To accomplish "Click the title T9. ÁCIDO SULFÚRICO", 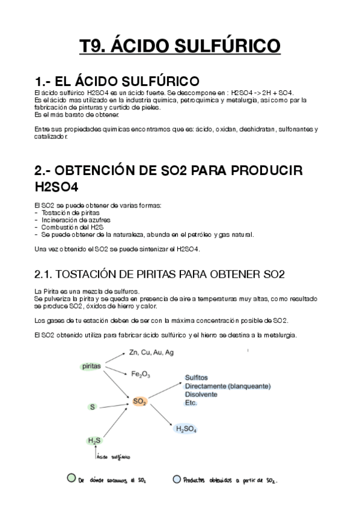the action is [x=180, y=46].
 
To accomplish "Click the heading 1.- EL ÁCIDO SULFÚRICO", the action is [x=118, y=81].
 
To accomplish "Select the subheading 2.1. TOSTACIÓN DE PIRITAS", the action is [x=159, y=275].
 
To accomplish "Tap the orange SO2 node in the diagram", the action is [x=139, y=401].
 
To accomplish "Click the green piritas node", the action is [x=91, y=366].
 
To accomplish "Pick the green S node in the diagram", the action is [x=93, y=407].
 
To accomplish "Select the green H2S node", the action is [x=94, y=441].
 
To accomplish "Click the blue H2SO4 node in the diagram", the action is [x=186, y=429].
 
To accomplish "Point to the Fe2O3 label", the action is [x=141, y=374].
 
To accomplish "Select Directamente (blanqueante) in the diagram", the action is [x=228, y=386].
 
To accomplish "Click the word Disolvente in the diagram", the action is [x=203, y=395].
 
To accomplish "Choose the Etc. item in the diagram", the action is [x=191, y=403].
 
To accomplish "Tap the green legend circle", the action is [x=71, y=479].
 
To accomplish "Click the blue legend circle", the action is [x=176, y=479].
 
